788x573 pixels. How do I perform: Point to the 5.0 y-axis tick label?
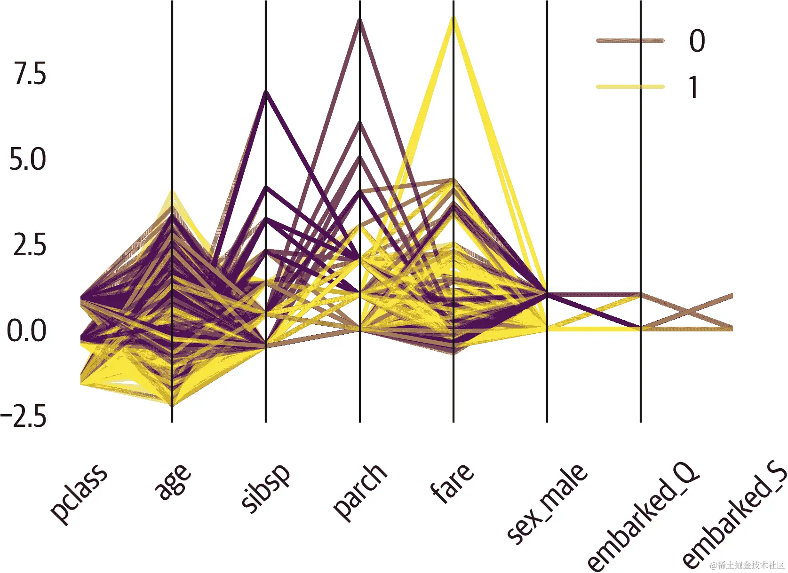[28, 160]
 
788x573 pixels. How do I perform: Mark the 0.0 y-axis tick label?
[27, 330]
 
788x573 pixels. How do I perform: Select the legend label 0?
[697, 41]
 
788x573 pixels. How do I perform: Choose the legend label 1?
[694, 87]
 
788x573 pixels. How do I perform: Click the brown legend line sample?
[630, 41]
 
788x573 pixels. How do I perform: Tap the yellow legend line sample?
[630, 87]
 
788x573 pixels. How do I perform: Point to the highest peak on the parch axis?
[360, 20]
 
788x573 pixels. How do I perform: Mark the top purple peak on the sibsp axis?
[266, 92]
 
